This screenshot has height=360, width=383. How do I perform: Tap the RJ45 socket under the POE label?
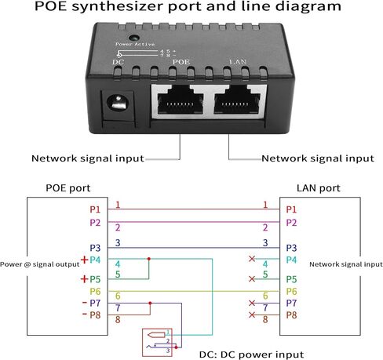pos(181,100)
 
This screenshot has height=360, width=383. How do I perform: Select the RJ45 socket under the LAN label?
pos(237,100)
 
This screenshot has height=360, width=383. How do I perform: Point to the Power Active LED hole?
pos(134,38)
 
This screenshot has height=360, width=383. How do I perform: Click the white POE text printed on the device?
pos(181,62)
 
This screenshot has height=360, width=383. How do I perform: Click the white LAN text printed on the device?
pos(238,62)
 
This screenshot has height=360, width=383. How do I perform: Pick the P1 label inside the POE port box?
pos(95,209)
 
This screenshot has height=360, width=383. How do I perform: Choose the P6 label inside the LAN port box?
pos(291,291)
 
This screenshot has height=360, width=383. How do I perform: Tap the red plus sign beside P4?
pos(84,260)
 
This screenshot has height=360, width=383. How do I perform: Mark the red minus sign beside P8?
pos(84,314)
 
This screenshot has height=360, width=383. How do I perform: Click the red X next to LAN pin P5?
pos(252,279)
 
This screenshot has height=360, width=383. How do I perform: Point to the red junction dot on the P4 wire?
pos(149,259)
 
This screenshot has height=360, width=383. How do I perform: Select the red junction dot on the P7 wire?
pos(150,304)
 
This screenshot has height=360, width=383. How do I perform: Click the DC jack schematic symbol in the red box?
pos(157,343)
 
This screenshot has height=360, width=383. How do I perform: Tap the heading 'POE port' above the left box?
pos(68,188)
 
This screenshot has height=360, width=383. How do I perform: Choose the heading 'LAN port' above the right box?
pos(319,188)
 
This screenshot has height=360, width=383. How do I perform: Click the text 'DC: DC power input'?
pos(252,355)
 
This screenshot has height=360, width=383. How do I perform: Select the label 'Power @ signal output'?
pos(40,264)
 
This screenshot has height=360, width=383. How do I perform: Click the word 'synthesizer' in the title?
pos(119,6)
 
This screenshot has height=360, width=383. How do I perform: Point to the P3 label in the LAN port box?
pos(291,248)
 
